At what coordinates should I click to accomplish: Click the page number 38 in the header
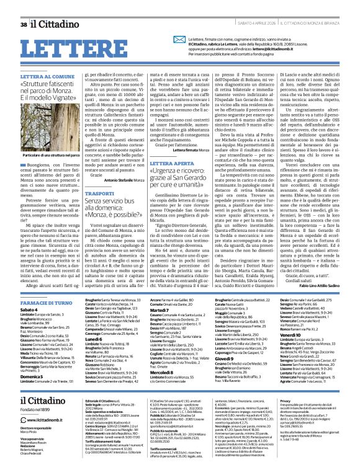tap(24, 7)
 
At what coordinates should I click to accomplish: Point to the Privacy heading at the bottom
tap(286, 384)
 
